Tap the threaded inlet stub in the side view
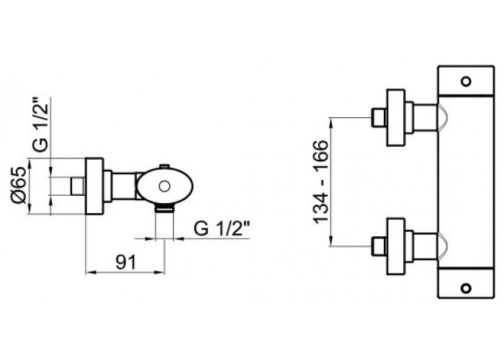tap(76, 186)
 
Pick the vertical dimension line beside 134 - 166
tap(333, 181)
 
